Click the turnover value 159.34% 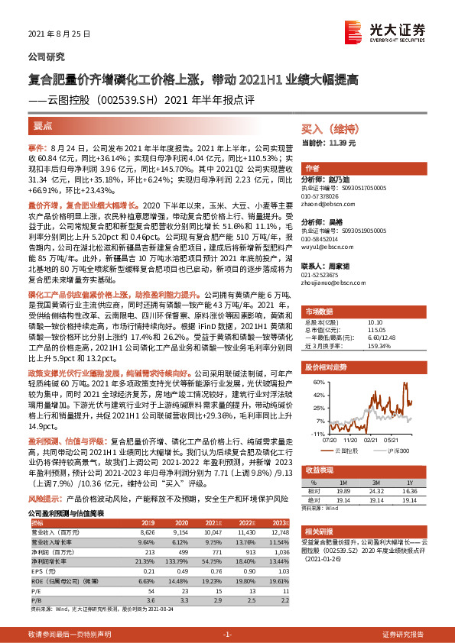tap(380, 346)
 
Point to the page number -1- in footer tap(227, 634)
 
